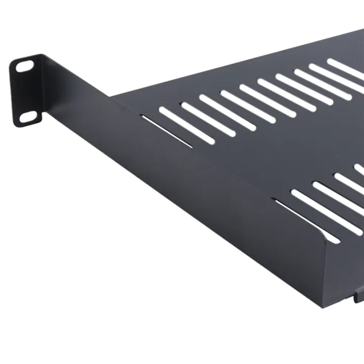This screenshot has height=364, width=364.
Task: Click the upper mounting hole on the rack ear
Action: click(x=24, y=66)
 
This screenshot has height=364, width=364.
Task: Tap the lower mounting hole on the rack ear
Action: click(x=29, y=117)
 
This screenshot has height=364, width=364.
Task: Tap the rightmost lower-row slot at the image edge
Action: click(x=359, y=169)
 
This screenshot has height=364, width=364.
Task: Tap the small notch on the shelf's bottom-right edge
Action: click(x=357, y=296)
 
